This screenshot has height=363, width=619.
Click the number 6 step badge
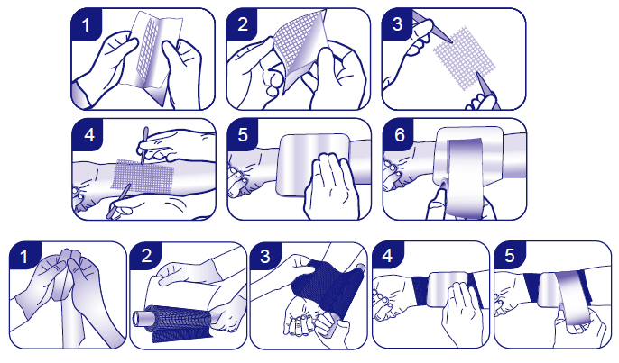coord(399,134)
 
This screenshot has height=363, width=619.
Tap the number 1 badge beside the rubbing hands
coord(24,256)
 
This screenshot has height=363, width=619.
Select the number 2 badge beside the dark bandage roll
coord(146,256)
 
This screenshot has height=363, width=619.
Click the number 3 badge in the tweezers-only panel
coord(397,23)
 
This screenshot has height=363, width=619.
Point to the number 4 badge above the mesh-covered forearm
coord(88,135)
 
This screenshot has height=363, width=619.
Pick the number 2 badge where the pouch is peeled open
coord(243,23)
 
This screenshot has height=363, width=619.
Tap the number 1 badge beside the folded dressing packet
coord(86,24)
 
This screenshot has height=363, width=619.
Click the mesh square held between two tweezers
coord(465,58)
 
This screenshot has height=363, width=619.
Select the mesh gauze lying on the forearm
coord(143,176)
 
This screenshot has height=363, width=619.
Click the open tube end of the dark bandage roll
coord(139,317)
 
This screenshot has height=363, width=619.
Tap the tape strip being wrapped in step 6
coord(465,177)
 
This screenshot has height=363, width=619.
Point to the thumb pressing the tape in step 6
coord(439,201)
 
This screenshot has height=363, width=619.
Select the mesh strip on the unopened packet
coord(147,48)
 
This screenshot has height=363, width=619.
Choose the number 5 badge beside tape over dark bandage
coord(510,256)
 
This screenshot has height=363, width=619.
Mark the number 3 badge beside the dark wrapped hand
coord(265,256)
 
